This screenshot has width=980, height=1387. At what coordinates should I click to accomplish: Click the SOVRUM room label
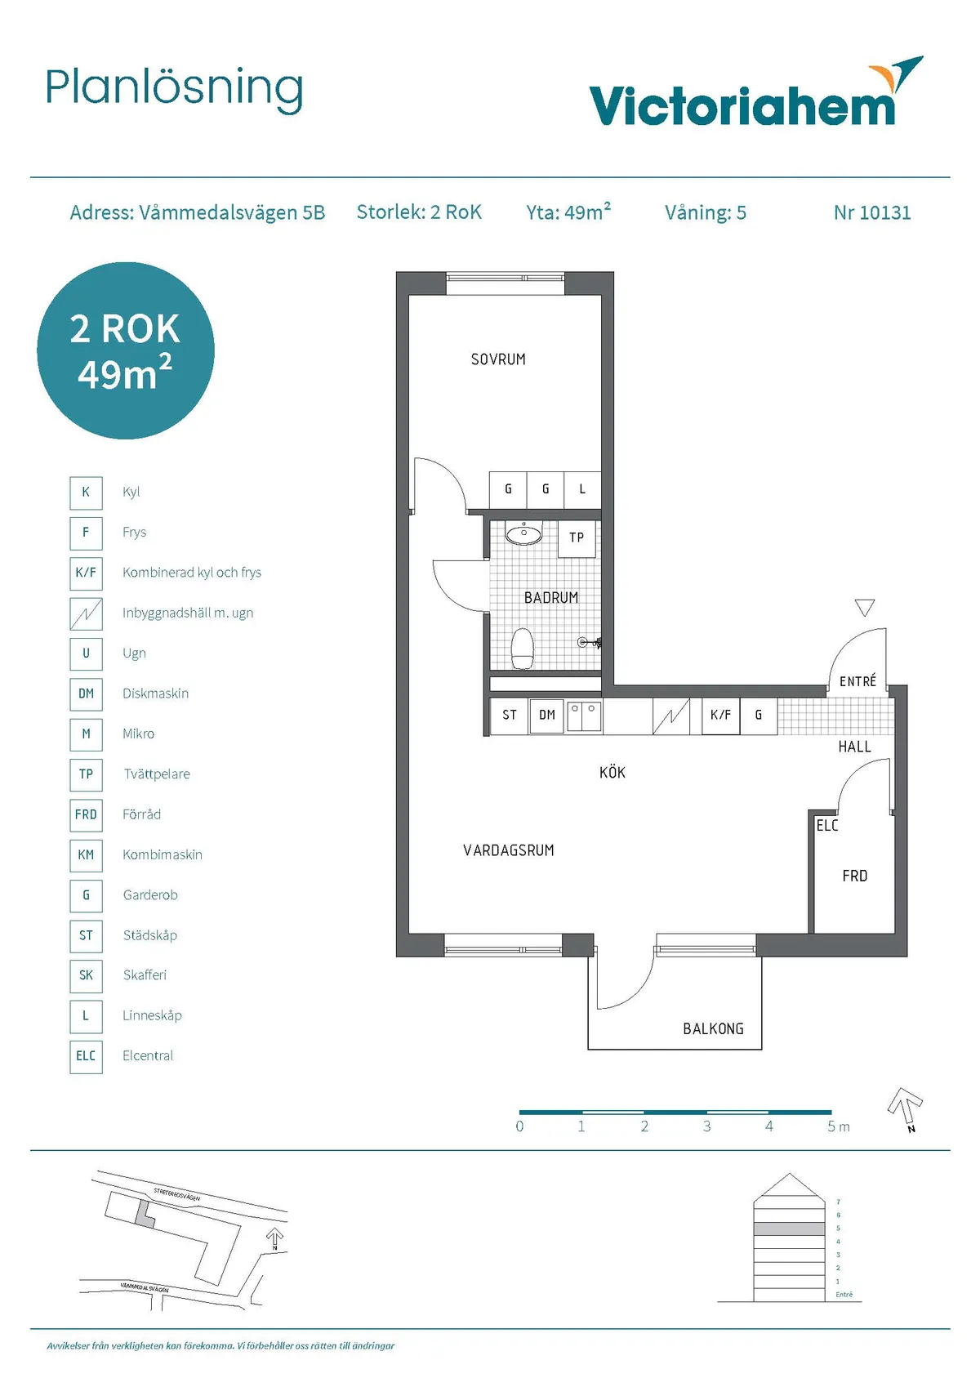[x=498, y=359]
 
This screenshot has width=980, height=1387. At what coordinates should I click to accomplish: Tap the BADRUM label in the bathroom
[x=551, y=598]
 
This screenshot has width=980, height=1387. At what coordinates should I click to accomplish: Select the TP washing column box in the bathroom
[x=577, y=538]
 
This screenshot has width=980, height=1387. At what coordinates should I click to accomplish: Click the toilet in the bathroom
[x=523, y=649]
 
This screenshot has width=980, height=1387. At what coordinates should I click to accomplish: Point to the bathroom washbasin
[x=523, y=535]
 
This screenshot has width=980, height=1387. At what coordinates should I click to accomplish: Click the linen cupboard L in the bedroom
[x=582, y=489]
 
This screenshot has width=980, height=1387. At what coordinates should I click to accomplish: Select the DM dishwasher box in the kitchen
[x=546, y=716]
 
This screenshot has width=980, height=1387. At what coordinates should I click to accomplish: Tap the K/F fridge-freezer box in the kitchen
[x=720, y=716]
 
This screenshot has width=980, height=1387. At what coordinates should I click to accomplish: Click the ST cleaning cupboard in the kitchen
[x=510, y=716]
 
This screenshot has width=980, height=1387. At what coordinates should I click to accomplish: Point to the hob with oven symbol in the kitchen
[x=671, y=716]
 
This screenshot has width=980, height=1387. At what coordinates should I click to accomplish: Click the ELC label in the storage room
[x=827, y=826]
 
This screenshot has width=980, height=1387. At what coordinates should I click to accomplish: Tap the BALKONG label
[x=713, y=1029]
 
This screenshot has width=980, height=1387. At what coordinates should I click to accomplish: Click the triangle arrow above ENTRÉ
[x=865, y=608]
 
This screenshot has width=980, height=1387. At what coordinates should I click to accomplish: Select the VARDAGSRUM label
[x=508, y=851]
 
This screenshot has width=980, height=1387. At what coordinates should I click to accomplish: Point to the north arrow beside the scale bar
[x=905, y=1108]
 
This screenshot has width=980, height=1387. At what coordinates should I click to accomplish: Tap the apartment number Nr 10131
[x=871, y=213]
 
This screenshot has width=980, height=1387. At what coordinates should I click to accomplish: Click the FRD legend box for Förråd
[x=86, y=814]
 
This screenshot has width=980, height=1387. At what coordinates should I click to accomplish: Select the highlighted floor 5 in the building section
[x=789, y=1229]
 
